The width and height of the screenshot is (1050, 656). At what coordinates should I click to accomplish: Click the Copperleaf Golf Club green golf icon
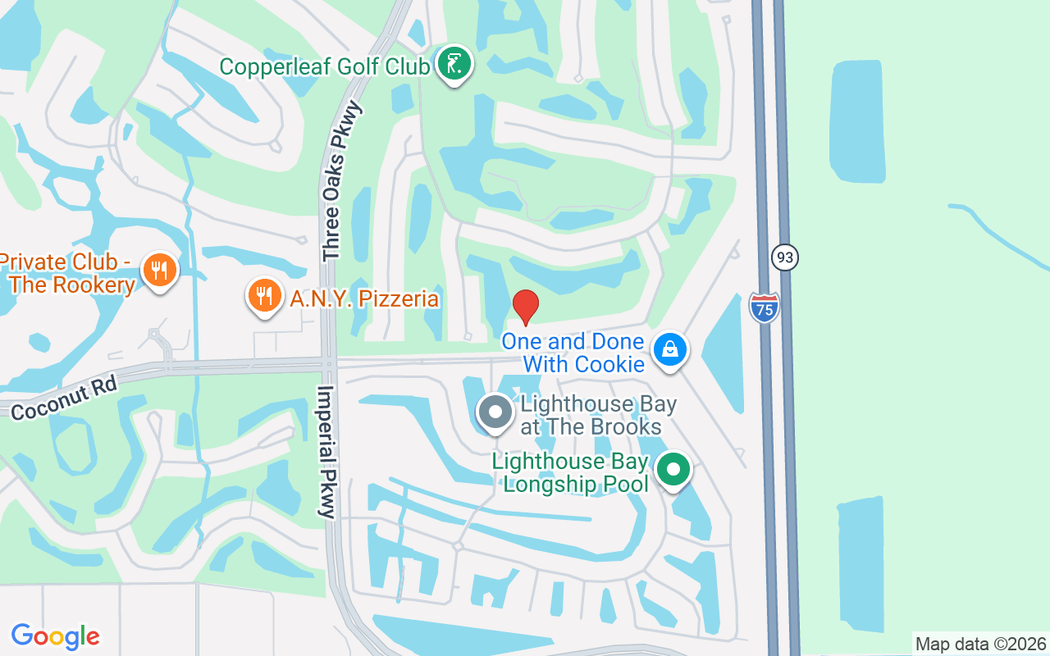[454, 64]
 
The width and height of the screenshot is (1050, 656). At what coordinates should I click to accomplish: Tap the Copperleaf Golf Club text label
[325, 66]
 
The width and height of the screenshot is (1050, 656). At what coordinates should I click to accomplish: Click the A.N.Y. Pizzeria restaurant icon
[264, 295]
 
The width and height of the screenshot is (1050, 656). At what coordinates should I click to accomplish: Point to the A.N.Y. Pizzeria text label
[364, 298]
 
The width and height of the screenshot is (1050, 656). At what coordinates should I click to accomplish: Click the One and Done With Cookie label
[573, 353]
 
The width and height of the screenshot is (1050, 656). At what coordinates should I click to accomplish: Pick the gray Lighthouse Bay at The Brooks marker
[495, 412]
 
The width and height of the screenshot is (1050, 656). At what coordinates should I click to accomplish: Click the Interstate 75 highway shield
[764, 307]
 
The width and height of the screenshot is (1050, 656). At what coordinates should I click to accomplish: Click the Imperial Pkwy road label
[326, 452]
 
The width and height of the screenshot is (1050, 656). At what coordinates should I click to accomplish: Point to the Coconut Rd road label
[65, 398]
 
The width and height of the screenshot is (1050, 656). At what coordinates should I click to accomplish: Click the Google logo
[56, 635]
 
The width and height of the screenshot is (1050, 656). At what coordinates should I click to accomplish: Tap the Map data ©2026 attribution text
[980, 644]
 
